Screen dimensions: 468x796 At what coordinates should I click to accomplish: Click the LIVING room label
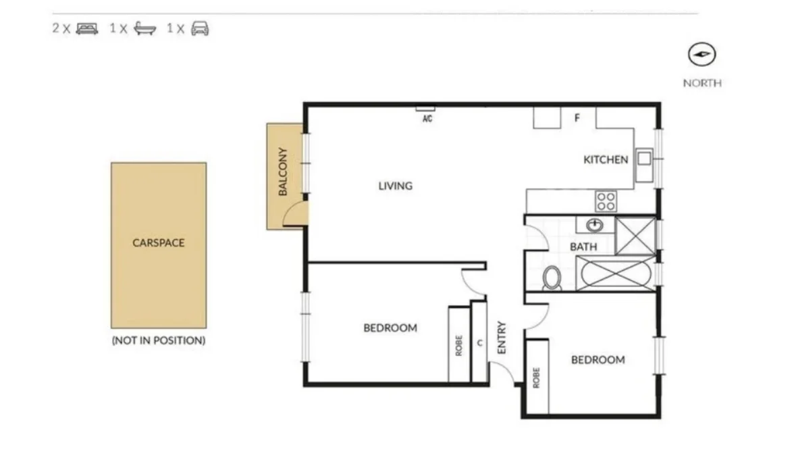point(395,186)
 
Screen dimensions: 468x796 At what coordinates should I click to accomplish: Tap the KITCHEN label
point(605,160)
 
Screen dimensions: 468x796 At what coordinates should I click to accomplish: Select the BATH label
point(583,246)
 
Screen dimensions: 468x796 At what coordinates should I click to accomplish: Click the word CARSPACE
point(158,242)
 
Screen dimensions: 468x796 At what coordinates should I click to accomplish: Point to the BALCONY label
point(283,172)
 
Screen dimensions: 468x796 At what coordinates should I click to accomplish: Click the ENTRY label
point(502,337)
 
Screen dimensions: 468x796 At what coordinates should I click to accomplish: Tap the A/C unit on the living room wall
point(425,109)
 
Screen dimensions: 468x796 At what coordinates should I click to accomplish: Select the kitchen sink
point(644,159)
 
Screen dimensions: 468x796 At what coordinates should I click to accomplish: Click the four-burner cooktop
point(606,201)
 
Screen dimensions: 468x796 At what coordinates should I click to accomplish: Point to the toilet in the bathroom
point(552,278)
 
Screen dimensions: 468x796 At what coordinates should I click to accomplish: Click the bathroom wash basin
point(595,225)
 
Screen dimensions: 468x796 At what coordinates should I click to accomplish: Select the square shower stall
point(635,235)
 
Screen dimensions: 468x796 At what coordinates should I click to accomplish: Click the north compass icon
point(702,55)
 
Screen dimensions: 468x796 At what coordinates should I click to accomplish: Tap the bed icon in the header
point(87,28)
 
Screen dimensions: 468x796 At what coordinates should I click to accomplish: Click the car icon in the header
point(200,28)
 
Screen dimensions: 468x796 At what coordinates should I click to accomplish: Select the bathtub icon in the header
point(144,28)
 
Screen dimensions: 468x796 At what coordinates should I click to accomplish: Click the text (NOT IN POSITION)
point(158,340)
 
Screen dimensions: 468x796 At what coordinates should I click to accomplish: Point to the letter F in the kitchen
point(577,118)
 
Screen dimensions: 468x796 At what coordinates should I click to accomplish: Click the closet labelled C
point(479,342)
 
